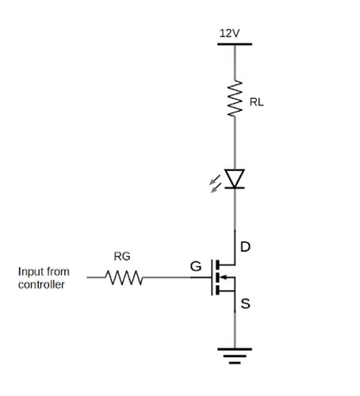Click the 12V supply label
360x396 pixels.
[x=229, y=33]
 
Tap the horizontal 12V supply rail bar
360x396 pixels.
[x=234, y=44]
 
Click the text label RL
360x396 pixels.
[x=256, y=103]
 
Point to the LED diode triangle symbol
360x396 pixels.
[x=234, y=179]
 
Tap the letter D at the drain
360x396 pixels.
[x=245, y=247]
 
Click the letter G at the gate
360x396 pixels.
[x=195, y=267]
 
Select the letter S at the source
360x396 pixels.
[x=246, y=303]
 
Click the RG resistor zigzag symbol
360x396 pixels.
[x=124, y=278]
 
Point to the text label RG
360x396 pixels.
[x=122, y=256]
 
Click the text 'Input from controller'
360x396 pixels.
[x=43, y=278]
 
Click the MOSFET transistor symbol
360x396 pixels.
[x=222, y=278]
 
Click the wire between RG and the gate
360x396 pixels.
[x=174, y=278]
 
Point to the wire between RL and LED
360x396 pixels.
[x=234, y=143]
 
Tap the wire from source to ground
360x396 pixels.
[x=234, y=329]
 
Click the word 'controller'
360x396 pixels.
[x=41, y=284]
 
